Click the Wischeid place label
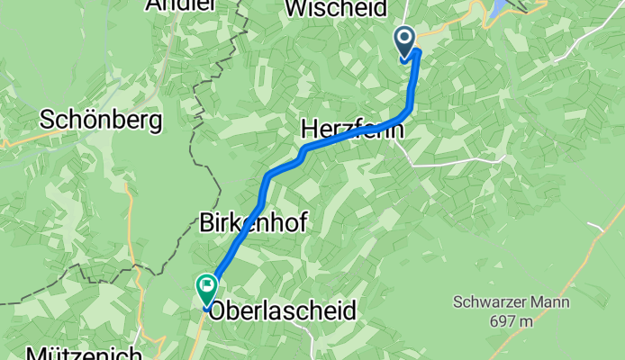[x=336, y=8]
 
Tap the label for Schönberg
[x=101, y=120]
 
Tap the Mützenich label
[x=83, y=352]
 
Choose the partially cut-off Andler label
[x=180, y=5]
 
